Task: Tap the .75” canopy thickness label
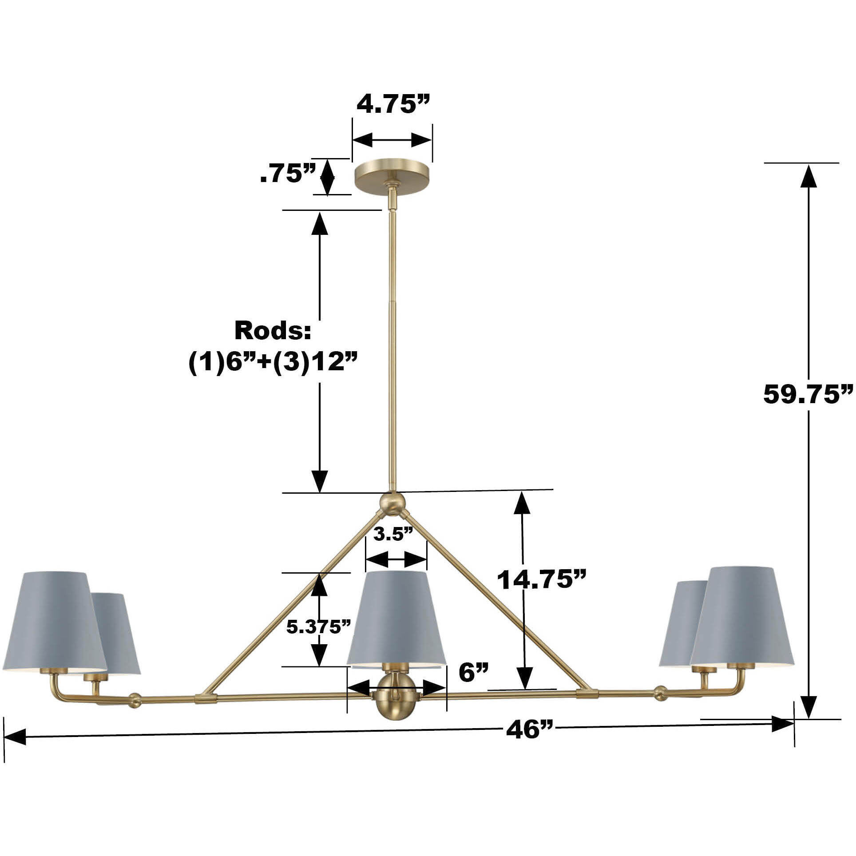[288, 174]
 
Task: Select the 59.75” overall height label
[808, 395]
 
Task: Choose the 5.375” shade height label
[319, 627]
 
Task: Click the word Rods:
[273, 331]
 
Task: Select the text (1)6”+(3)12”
[273, 364]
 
